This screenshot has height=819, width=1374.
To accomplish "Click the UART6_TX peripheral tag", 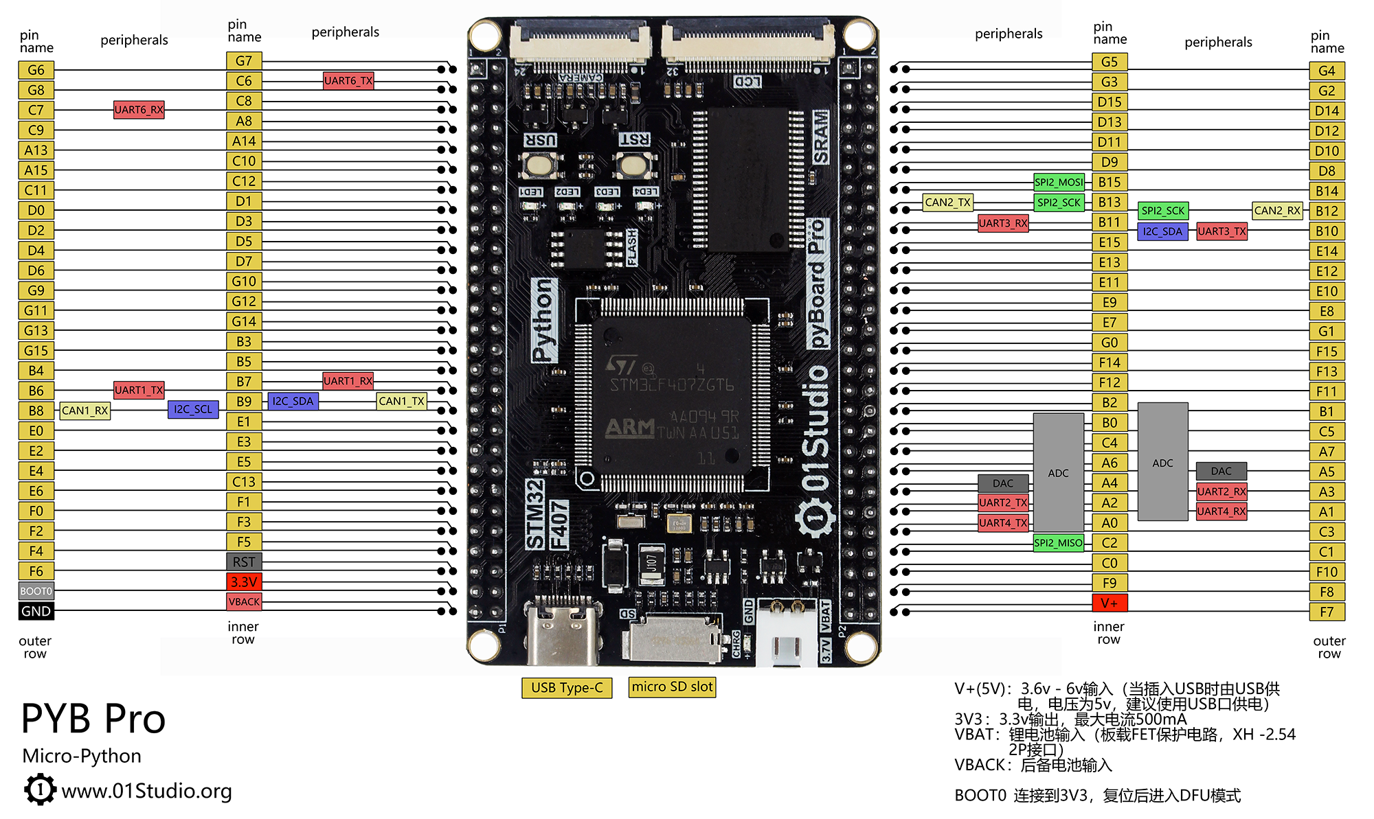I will tap(348, 81).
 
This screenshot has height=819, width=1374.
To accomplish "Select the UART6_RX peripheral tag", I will tap(139, 110).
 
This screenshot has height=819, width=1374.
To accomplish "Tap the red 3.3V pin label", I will tap(244, 582).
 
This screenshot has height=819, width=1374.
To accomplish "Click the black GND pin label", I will tap(36, 611).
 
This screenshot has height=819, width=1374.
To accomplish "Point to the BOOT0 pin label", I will tap(36, 591).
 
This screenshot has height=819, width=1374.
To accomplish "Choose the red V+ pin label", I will tap(1110, 603).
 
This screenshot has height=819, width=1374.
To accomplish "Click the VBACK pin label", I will tap(244, 602).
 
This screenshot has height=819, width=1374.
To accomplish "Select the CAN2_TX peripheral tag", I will tap(947, 203).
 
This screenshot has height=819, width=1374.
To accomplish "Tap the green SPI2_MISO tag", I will tap(1059, 543).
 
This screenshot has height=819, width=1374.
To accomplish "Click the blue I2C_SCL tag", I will tap(193, 410).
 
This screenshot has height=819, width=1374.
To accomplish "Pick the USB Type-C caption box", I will tap(567, 687).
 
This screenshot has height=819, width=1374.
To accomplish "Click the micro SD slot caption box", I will tap(672, 687).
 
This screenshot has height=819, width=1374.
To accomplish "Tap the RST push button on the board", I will tap(633, 165).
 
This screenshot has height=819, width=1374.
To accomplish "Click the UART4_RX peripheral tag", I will tap(1221, 511).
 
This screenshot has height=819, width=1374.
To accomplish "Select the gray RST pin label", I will tap(244, 562).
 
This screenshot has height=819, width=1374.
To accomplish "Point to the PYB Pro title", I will tap(93, 719).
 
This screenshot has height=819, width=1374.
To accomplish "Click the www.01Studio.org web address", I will tap(146, 791).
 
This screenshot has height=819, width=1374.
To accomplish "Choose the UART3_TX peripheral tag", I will tap(1221, 231).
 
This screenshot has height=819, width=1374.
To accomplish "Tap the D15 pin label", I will tap(1110, 102).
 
